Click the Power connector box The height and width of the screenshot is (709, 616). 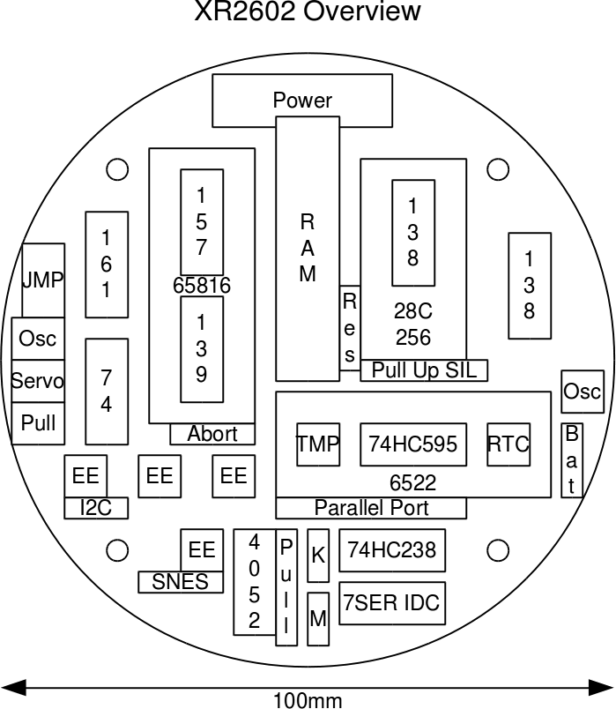[302, 100]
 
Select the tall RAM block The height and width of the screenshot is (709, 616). [308, 248]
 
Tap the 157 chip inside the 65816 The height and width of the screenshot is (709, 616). [202, 222]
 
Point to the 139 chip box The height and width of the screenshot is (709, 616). [202, 348]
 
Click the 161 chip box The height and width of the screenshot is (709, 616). [107, 264]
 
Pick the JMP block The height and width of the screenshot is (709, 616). [43, 280]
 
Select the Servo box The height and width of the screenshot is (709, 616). [38, 381]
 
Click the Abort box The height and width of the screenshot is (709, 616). [212, 434]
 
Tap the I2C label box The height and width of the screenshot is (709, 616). [96, 507]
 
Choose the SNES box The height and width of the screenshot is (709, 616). [181, 582]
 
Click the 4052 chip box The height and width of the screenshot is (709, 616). [255, 581]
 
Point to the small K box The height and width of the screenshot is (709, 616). [318, 556]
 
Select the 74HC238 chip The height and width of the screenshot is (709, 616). [392, 550]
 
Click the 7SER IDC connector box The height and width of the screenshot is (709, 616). [392, 604]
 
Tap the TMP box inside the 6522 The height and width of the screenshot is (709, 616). [317, 444]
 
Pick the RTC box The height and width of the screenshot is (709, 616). [508, 444]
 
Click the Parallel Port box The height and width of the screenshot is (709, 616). [371, 508]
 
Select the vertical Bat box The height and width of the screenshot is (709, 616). [572, 459]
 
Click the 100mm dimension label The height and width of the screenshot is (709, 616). [308, 701]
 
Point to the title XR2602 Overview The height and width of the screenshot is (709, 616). [308, 12]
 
